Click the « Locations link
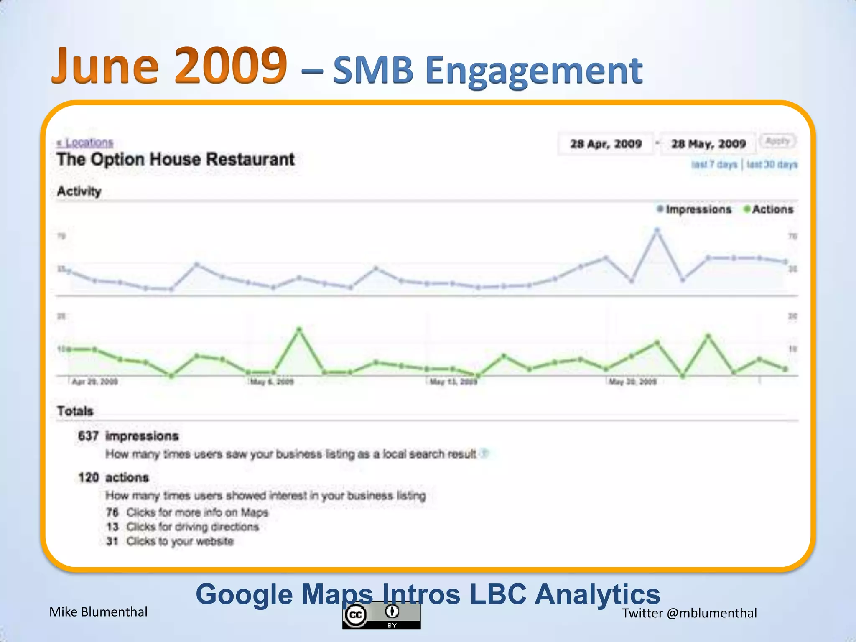85,143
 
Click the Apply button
777,141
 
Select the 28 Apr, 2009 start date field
606,144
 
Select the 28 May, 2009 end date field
708,144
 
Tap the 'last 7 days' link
714,165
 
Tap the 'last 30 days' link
772,165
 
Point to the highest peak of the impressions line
657,230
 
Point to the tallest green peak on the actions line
299,329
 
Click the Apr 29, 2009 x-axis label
95,382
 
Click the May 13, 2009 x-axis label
453,382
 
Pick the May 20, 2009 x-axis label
633,382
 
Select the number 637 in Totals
88,436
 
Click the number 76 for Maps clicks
112,512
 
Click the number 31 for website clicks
112,541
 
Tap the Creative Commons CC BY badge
382,615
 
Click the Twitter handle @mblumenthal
712,613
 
